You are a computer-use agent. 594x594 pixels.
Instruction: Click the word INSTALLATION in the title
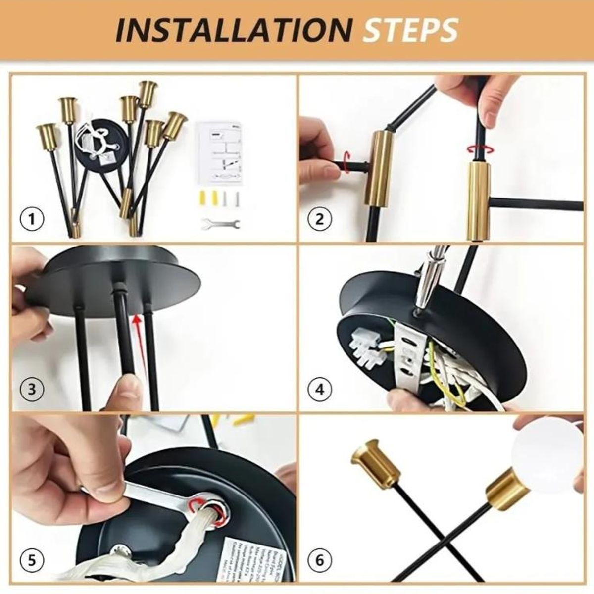tap(233, 31)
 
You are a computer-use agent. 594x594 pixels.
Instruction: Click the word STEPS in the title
tap(410, 31)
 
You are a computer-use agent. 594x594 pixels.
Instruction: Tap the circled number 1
tap(32, 218)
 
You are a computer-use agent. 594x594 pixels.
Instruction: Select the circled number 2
tap(319, 218)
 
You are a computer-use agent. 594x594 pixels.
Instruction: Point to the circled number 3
tap(32, 389)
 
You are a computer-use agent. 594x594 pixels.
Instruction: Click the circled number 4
tap(320, 390)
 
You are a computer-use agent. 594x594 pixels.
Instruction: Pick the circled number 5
tap(32, 560)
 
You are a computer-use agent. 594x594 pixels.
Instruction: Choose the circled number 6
tap(319, 560)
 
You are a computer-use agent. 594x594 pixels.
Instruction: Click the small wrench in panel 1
tap(221, 224)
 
